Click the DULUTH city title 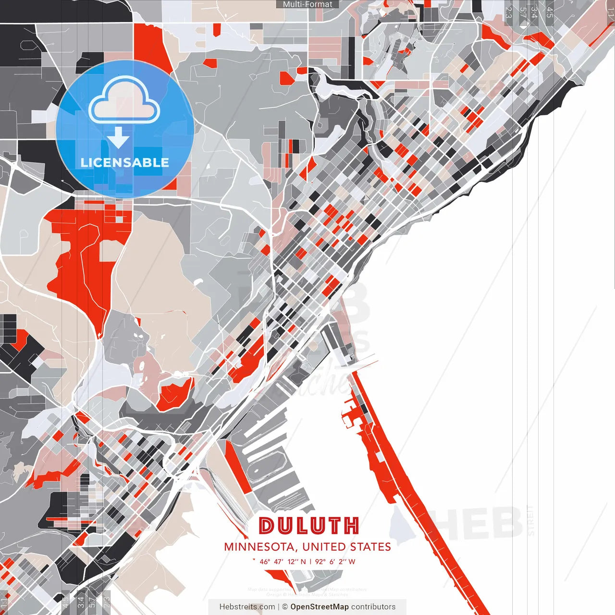[x=308, y=526]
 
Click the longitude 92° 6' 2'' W [x=335, y=561]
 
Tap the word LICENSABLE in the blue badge [x=125, y=162]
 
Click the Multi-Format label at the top [x=307, y=4]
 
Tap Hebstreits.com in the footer [x=247, y=607]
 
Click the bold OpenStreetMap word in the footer [x=320, y=607]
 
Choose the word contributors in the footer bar [x=373, y=607]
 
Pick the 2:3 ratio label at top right [x=508, y=12]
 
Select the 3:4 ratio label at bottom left [x=81, y=601]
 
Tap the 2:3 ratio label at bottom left [x=107, y=601]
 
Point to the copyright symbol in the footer [x=285, y=607]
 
